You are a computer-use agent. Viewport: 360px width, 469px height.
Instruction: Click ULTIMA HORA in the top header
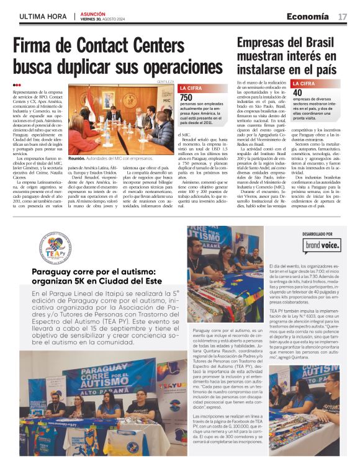pos(43,16)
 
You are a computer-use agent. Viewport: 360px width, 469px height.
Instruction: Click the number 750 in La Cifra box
pos(186,97)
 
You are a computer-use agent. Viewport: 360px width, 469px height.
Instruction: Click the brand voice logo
pos(322,246)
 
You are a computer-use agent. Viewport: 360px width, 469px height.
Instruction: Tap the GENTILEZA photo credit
pos(166,81)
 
